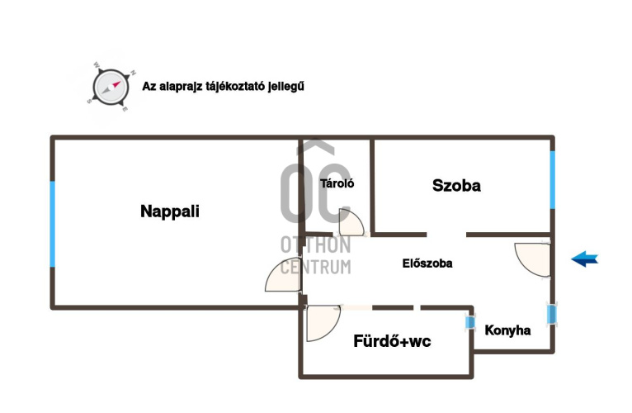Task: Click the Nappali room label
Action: click(170, 211)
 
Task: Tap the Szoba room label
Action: click(456, 186)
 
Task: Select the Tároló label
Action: click(337, 184)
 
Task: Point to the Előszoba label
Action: click(427, 263)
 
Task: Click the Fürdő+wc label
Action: click(392, 340)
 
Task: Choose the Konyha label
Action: click(507, 330)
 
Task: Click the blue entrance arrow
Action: click(584, 259)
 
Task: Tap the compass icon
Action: click(109, 85)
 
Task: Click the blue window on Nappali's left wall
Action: click(53, 224)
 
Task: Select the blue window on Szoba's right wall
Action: click(552, 179)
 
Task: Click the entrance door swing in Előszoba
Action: click(532, 259)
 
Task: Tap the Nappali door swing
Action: click(284, 277)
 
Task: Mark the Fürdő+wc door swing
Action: click(322, 322)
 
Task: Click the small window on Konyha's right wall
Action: click(551, 315)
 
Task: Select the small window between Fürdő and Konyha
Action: click(471, 322)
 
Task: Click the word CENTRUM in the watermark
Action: click(315, 266)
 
